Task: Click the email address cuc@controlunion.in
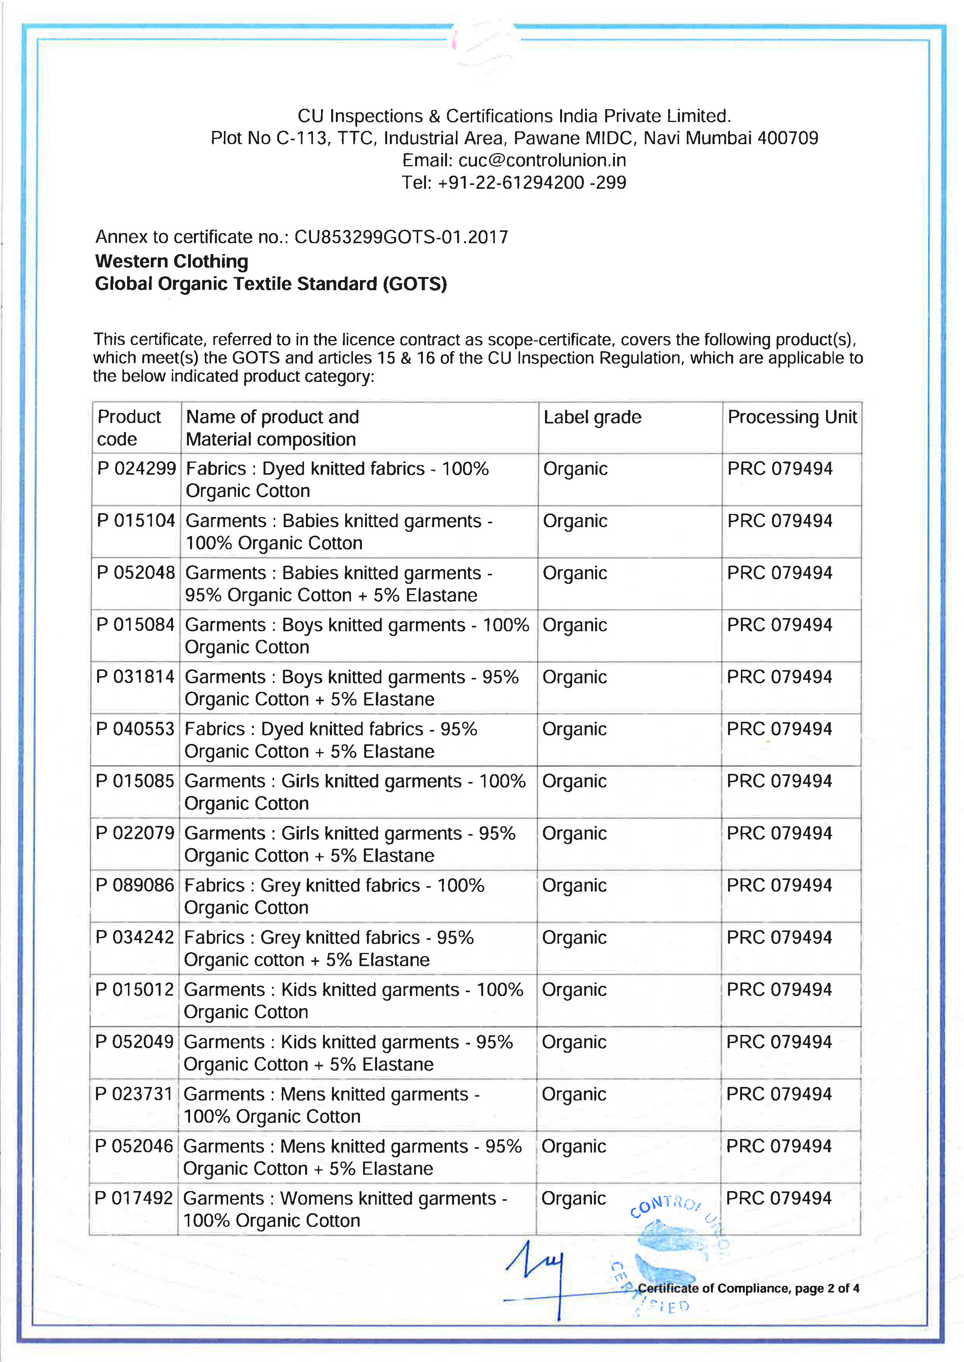(541, 160)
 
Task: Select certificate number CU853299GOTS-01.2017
(401, 237)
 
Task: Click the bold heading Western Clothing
(171, 261)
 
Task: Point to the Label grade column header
(592, 417)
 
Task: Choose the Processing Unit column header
(792, 417)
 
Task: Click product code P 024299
(136, 469)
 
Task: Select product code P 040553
(135, 729)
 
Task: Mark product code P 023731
(134, 1094)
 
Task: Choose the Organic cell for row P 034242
(574, 938)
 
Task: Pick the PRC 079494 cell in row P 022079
(779, 833)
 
